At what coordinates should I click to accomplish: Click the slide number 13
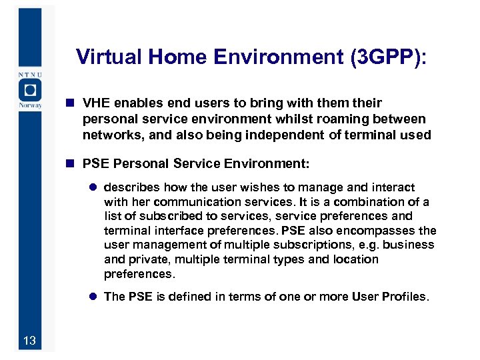click(x=29, y=342)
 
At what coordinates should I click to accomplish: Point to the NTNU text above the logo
click(x=29, y=73)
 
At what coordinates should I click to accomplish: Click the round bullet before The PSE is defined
click(x=94, y=297)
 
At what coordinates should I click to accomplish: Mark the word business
click(x=407, y=245)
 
